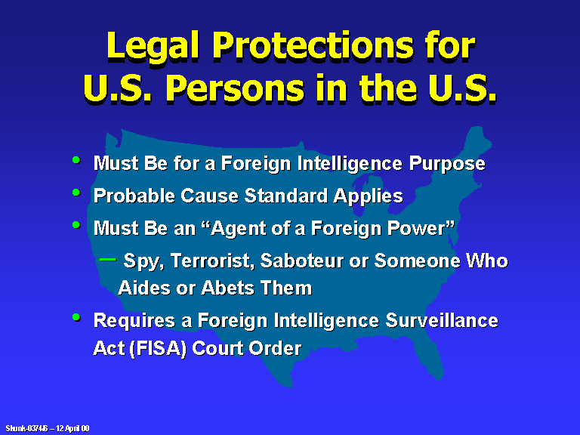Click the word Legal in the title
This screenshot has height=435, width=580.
point(153,47)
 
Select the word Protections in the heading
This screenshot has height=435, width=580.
point(313,45)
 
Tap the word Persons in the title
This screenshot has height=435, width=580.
point(235,88)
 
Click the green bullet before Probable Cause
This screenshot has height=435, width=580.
point(76,193)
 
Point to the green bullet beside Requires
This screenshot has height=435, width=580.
point(76,317)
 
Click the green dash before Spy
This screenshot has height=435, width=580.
point(108,259)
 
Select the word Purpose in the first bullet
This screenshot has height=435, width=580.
point(447,164)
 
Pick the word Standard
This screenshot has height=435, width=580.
point(286,196)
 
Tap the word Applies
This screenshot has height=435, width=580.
point(368,196)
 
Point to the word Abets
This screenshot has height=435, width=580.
point(227,288)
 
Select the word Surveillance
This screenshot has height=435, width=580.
point(442,320)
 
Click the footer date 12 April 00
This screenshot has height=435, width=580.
point(72,428)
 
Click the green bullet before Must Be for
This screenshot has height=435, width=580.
point(76,160)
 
